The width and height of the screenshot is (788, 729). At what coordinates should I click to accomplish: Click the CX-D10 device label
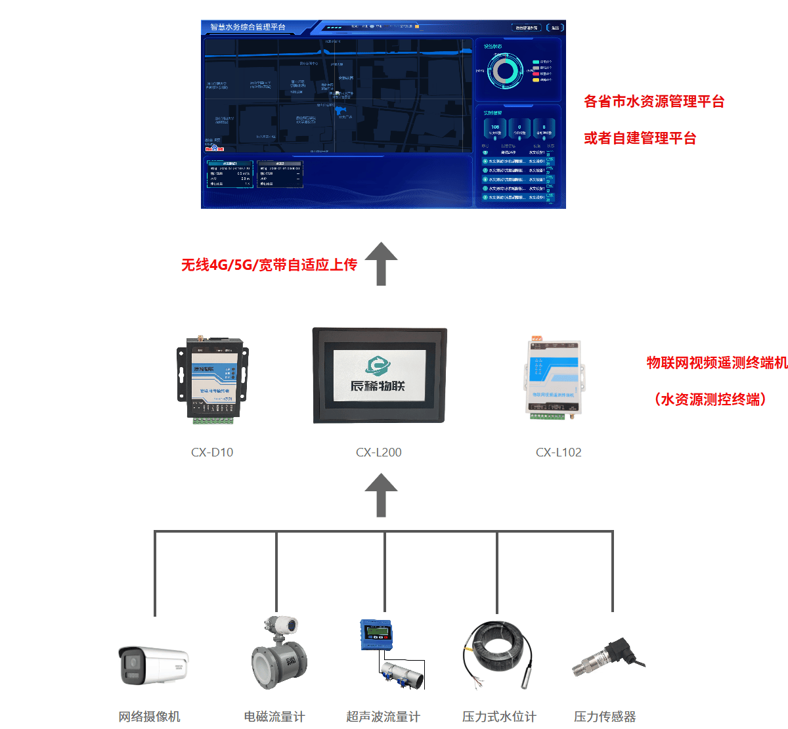coord(212,452)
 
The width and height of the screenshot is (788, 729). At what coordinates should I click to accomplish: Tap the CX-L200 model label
coord(379,452)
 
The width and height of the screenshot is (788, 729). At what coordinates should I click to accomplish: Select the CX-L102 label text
coord(559,452)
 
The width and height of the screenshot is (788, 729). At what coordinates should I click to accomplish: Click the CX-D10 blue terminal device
coord(213,378)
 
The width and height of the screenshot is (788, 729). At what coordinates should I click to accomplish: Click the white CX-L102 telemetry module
coord(554,378)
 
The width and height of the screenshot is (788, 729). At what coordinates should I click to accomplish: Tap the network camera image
coord(153,665)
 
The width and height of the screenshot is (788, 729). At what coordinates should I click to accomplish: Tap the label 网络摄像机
coord(149,717)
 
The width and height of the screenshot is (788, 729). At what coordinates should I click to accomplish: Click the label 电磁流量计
coord(274,717)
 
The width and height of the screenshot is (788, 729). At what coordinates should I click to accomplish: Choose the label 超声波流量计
coord(383,717)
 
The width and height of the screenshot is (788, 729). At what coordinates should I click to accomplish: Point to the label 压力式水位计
coord(499,717)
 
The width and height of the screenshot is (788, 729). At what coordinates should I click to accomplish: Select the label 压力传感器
coord(605,717)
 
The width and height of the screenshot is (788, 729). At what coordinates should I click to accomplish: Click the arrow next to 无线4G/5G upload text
coord(381,263)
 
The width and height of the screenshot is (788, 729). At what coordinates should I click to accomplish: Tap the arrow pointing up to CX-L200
coord(381,496)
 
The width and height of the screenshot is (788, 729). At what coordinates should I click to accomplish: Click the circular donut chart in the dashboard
coord(505,72)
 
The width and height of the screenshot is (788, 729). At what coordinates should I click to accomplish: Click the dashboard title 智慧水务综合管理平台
coord(248,28)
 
